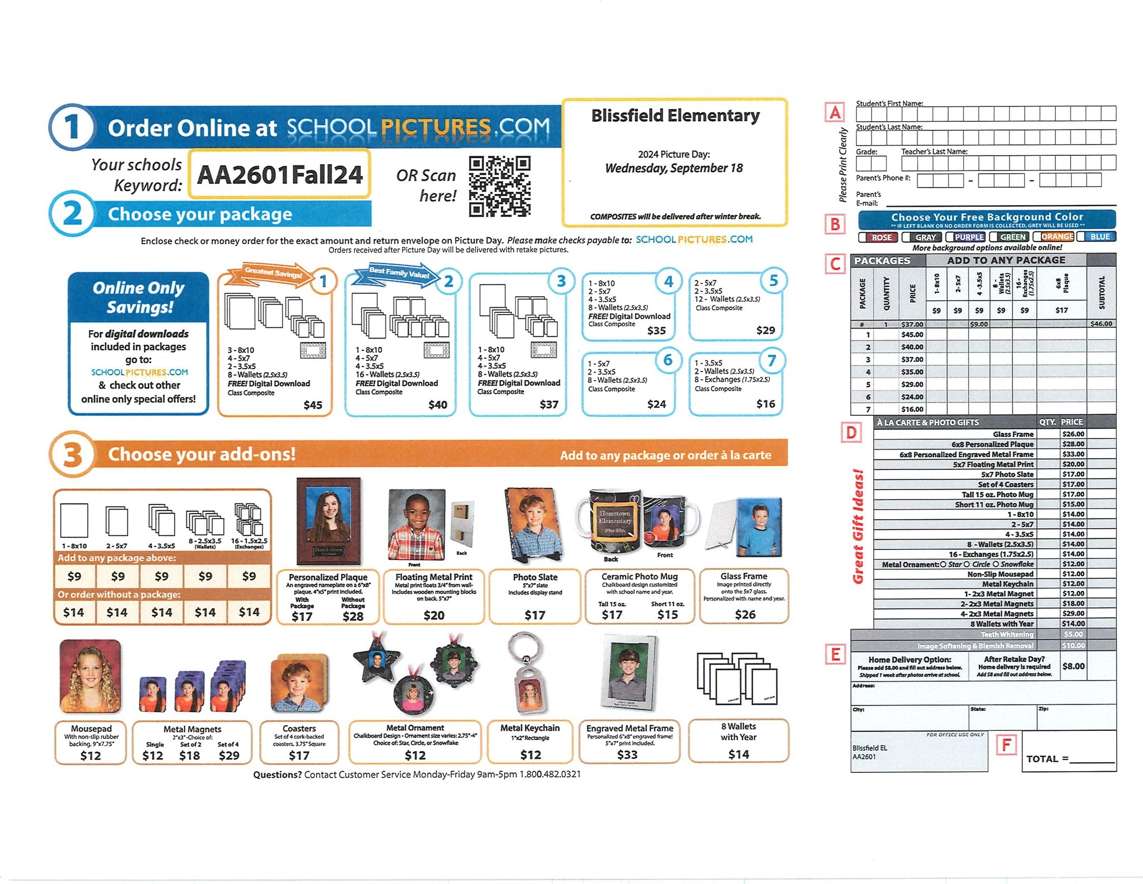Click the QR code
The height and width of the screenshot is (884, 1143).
coord(499,186)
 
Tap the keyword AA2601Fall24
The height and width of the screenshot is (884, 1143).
coord(280,174)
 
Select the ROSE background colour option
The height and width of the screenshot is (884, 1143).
coord(878,237)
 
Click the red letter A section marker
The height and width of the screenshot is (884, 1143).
coord(835,113)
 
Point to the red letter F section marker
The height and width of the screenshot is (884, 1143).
coord(1006,744)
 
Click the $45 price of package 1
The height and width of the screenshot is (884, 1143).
coord(313,405)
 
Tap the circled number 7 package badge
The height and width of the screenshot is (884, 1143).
coord(772,361)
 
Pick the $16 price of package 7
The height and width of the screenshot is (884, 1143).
coord(765,403)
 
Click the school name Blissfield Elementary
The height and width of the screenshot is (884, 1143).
coord(675,116)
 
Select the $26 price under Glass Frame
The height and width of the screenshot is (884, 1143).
coord(745,614)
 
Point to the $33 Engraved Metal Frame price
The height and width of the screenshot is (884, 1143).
coord(627,754)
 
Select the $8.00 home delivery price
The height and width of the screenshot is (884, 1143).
coord(1073,666)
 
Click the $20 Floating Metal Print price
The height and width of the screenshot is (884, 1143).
coord(433,615)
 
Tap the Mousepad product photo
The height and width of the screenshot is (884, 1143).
coord(90,676)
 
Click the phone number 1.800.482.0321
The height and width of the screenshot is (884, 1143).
coord(550,774)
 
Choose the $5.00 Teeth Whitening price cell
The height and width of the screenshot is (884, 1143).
coord(1073,634)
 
